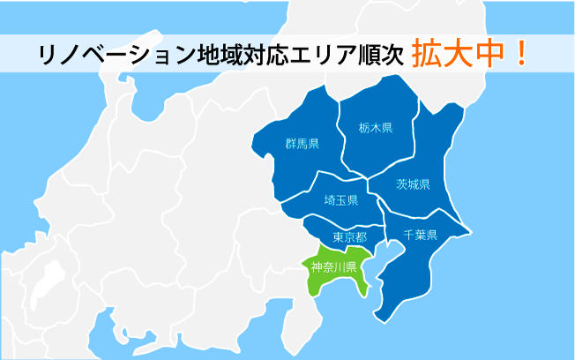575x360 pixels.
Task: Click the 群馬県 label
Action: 302,144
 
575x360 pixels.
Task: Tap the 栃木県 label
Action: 376,128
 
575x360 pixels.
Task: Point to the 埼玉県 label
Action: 341,200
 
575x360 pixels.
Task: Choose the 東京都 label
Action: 350,236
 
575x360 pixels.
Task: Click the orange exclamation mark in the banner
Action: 521,53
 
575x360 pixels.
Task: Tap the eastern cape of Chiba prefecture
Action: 471,232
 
